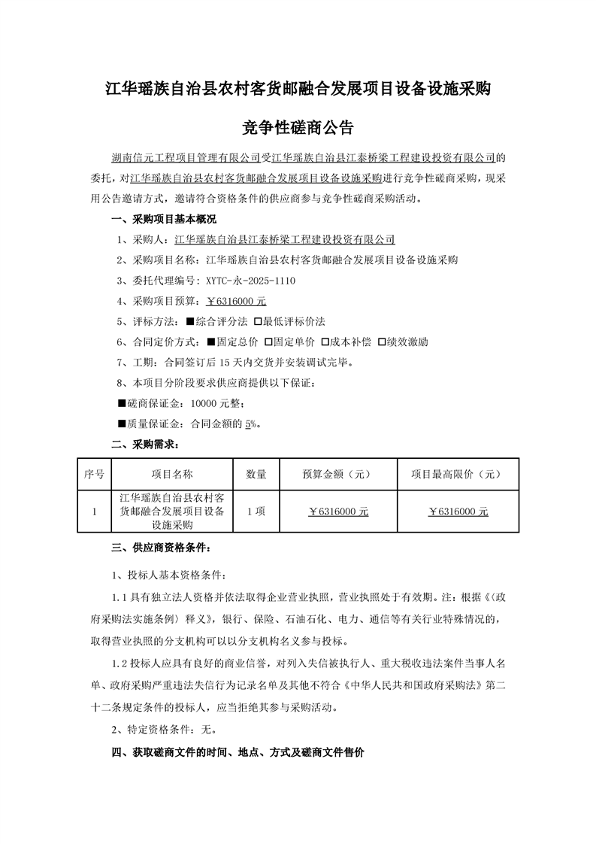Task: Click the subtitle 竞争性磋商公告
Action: click(298, 128)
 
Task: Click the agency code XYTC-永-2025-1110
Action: click(250, 281)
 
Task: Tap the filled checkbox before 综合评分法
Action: click(190, 321)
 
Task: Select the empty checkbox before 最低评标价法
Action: click(259, 321)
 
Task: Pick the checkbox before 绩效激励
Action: click(382, 342)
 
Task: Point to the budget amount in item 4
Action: click(236, 301)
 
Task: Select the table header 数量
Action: click(256, 475)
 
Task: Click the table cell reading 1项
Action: click(256, 512)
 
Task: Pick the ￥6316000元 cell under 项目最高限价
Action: click(458, 512)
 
